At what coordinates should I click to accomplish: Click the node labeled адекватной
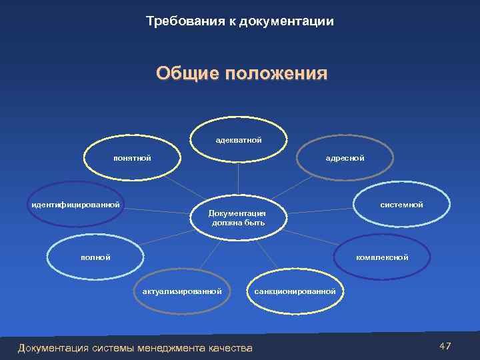[238, 140]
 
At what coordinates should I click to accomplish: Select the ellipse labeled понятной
[132, 158]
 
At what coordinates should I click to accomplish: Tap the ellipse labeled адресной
[345, 158]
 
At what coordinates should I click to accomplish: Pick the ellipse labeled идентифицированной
[75, 204]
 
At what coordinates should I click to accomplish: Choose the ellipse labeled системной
[401, 205]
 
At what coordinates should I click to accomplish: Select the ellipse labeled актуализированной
[181, 291]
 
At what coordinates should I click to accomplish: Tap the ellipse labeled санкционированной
[295, 291]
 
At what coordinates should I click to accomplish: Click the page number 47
[445, 345]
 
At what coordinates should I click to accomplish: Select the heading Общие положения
[242, 73]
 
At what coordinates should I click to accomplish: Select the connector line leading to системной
[320, 211]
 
